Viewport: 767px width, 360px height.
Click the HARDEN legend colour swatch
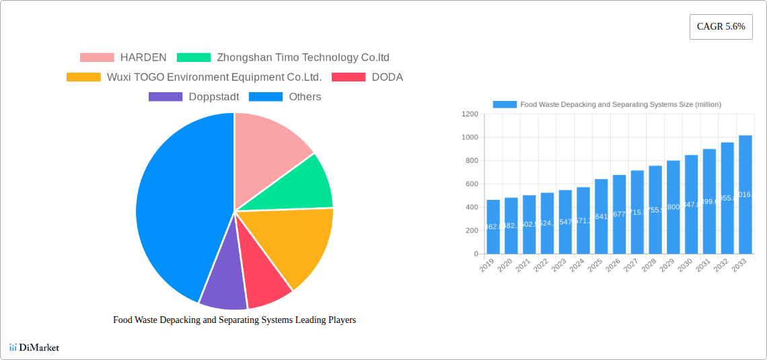pos(97,58)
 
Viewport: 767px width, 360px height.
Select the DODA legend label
pos(387,77)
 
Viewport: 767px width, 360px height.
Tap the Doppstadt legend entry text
pos(214,97)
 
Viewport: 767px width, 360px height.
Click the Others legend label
pos(305,97)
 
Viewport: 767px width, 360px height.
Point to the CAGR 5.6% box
pos(721,27)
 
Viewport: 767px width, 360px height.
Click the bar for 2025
pos(601,216)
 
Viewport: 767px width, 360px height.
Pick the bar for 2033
pos(745,194)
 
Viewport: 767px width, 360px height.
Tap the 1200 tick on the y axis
pos(470,114)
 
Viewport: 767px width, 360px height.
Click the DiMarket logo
pos(34,347)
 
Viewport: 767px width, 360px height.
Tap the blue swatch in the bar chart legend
pos(505,104)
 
